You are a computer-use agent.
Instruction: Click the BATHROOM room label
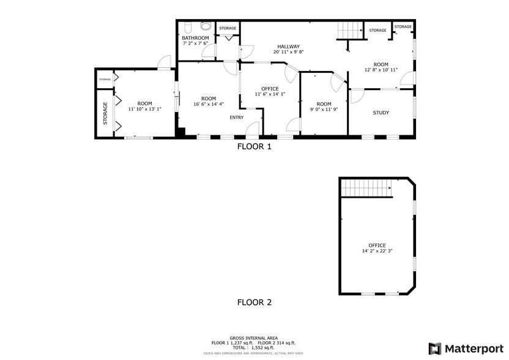click(x=195, y=38)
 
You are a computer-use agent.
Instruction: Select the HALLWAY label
click(x=288, y=46)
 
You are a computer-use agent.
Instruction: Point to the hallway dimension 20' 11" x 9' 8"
click(x=288, y=52)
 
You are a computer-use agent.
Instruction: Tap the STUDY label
click(x=381, y=112)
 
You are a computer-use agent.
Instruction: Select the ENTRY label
click(x=236, y=118)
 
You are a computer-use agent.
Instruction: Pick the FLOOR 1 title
click(x=254, y=147)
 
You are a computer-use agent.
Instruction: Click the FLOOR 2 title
click(x=254, y=302)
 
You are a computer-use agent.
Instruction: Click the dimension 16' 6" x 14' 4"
click(x=209, y=105)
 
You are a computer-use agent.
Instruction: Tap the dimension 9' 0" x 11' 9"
click(x=324, y=110)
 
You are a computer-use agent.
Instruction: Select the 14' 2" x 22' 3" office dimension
click(x=377, y=251)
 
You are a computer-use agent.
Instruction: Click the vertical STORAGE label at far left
click(x=105, y=114)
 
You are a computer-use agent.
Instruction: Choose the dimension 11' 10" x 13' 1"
click(x=144, y=109)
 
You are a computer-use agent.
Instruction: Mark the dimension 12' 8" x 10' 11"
click(x=381, y=70)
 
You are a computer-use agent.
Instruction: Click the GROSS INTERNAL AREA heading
click(x=254, y=338)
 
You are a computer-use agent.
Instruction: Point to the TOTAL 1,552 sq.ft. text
click(x=254, y=347)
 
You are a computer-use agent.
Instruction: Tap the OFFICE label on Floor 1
click(x=270, y=89)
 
